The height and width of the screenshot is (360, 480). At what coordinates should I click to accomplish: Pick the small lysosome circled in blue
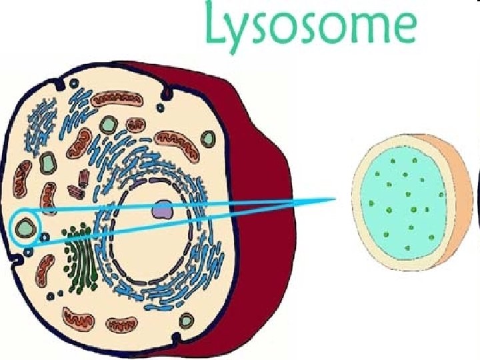pos(26,227)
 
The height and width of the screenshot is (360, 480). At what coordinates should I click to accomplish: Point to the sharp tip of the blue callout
pos(334,198)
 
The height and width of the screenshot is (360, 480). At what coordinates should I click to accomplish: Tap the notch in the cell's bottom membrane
pos(177,341)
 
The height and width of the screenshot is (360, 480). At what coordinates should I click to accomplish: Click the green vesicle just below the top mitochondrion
pos(107,125)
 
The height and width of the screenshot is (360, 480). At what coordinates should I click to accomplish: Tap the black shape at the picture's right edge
pos(477,200)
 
